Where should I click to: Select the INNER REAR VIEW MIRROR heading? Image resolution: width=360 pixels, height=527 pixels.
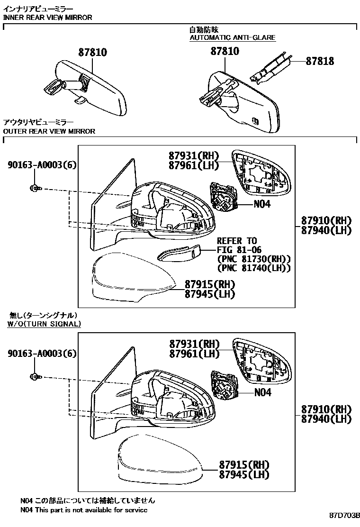click(x=47, y=18)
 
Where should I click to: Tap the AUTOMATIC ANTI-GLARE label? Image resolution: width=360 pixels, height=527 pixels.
click(x=232, y=37)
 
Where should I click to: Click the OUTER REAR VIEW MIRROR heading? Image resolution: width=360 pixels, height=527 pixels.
click(x=49, y=131)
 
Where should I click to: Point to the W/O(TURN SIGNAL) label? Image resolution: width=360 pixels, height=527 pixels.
click(x=44, y=324)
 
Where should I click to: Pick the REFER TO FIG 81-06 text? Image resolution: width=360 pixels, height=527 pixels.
click(x=239, y=245)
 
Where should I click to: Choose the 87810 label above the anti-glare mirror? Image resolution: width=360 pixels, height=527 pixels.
click(x=225, y=51)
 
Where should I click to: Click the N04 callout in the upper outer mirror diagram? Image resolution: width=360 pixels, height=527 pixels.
click(x=262, y=204)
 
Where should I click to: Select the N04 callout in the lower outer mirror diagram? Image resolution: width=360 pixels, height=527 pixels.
click(x=262, y=392)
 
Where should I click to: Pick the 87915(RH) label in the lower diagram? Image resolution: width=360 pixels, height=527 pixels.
click(x=244, y=465)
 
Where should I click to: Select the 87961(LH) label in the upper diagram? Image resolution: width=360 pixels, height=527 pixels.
click(x=193, y=165)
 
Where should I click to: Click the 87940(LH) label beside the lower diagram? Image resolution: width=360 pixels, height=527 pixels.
click(x=326, y=419)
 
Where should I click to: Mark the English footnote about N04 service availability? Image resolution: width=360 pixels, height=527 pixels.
click(x=84, y=510)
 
